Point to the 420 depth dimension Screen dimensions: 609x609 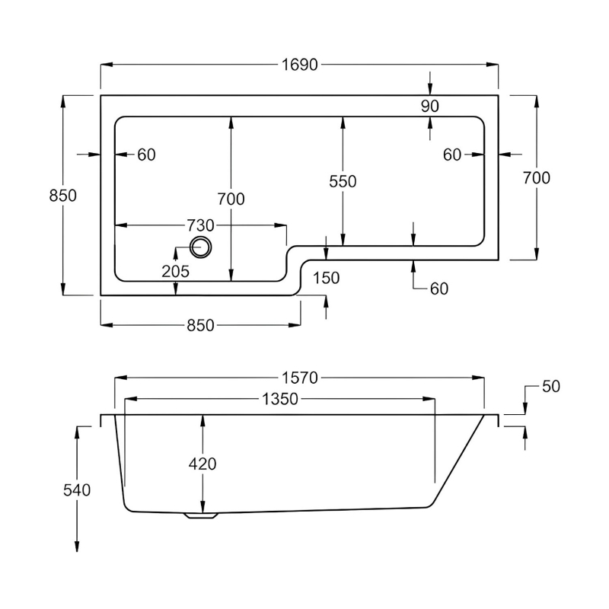coord(203,464)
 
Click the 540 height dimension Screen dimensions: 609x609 coord(77,490)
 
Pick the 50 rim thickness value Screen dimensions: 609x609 coord(551,387)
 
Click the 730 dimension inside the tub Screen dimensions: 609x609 coord(199,225)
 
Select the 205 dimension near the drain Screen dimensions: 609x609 coord(175,270)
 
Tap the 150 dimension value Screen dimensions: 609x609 coord(326,279)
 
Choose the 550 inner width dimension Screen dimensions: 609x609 coord(343,181)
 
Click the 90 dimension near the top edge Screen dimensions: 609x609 coord(430,107)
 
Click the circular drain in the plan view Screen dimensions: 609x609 coord(201,247)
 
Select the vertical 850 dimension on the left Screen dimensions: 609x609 coord(62,196)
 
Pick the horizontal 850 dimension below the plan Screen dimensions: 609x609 coord(199,325)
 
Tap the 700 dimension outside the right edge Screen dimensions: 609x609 coord(537,177)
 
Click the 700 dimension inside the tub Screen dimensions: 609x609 coord(231,199)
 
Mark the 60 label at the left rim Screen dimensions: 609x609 coord(146,155)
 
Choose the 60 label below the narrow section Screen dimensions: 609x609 coord(438,289)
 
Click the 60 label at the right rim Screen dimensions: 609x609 coord(453,155)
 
